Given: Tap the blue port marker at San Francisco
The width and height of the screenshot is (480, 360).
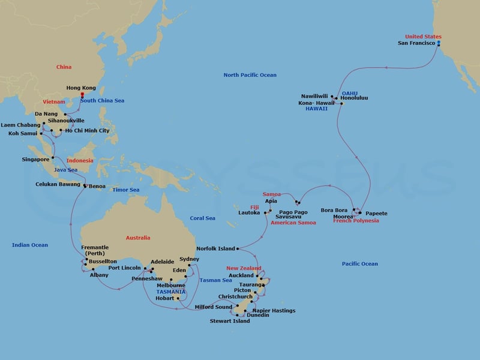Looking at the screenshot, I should pyautogui.click(x=439, y=44).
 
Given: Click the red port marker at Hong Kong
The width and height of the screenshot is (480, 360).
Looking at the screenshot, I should pyautogui.click(x=82, y=94).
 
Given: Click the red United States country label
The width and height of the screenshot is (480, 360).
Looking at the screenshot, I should pyautogui.click(x=423, y=36).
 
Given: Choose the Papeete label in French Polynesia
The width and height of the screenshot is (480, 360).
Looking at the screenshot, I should pyautogui.click(x=376, y=214).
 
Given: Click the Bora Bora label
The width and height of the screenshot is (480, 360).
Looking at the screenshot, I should pyautogui.click(x=335, y=210).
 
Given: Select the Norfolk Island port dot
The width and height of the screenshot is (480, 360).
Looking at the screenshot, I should pyautogui.click(x=238, y=248).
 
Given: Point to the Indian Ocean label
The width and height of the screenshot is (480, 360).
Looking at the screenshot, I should pyautogui.click(x=30, y=245).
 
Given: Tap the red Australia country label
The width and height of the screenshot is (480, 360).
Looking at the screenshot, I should pyautogui.click(x=138, y=238).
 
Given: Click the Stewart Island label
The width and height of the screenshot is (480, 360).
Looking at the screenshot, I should pyautogui.click(x=214, y=321).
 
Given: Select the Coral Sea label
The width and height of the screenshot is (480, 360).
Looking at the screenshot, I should pyautogui.click(x=202, y=218).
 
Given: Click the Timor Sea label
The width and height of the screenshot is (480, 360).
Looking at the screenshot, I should pyautogui.click(x=125, y=190).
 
